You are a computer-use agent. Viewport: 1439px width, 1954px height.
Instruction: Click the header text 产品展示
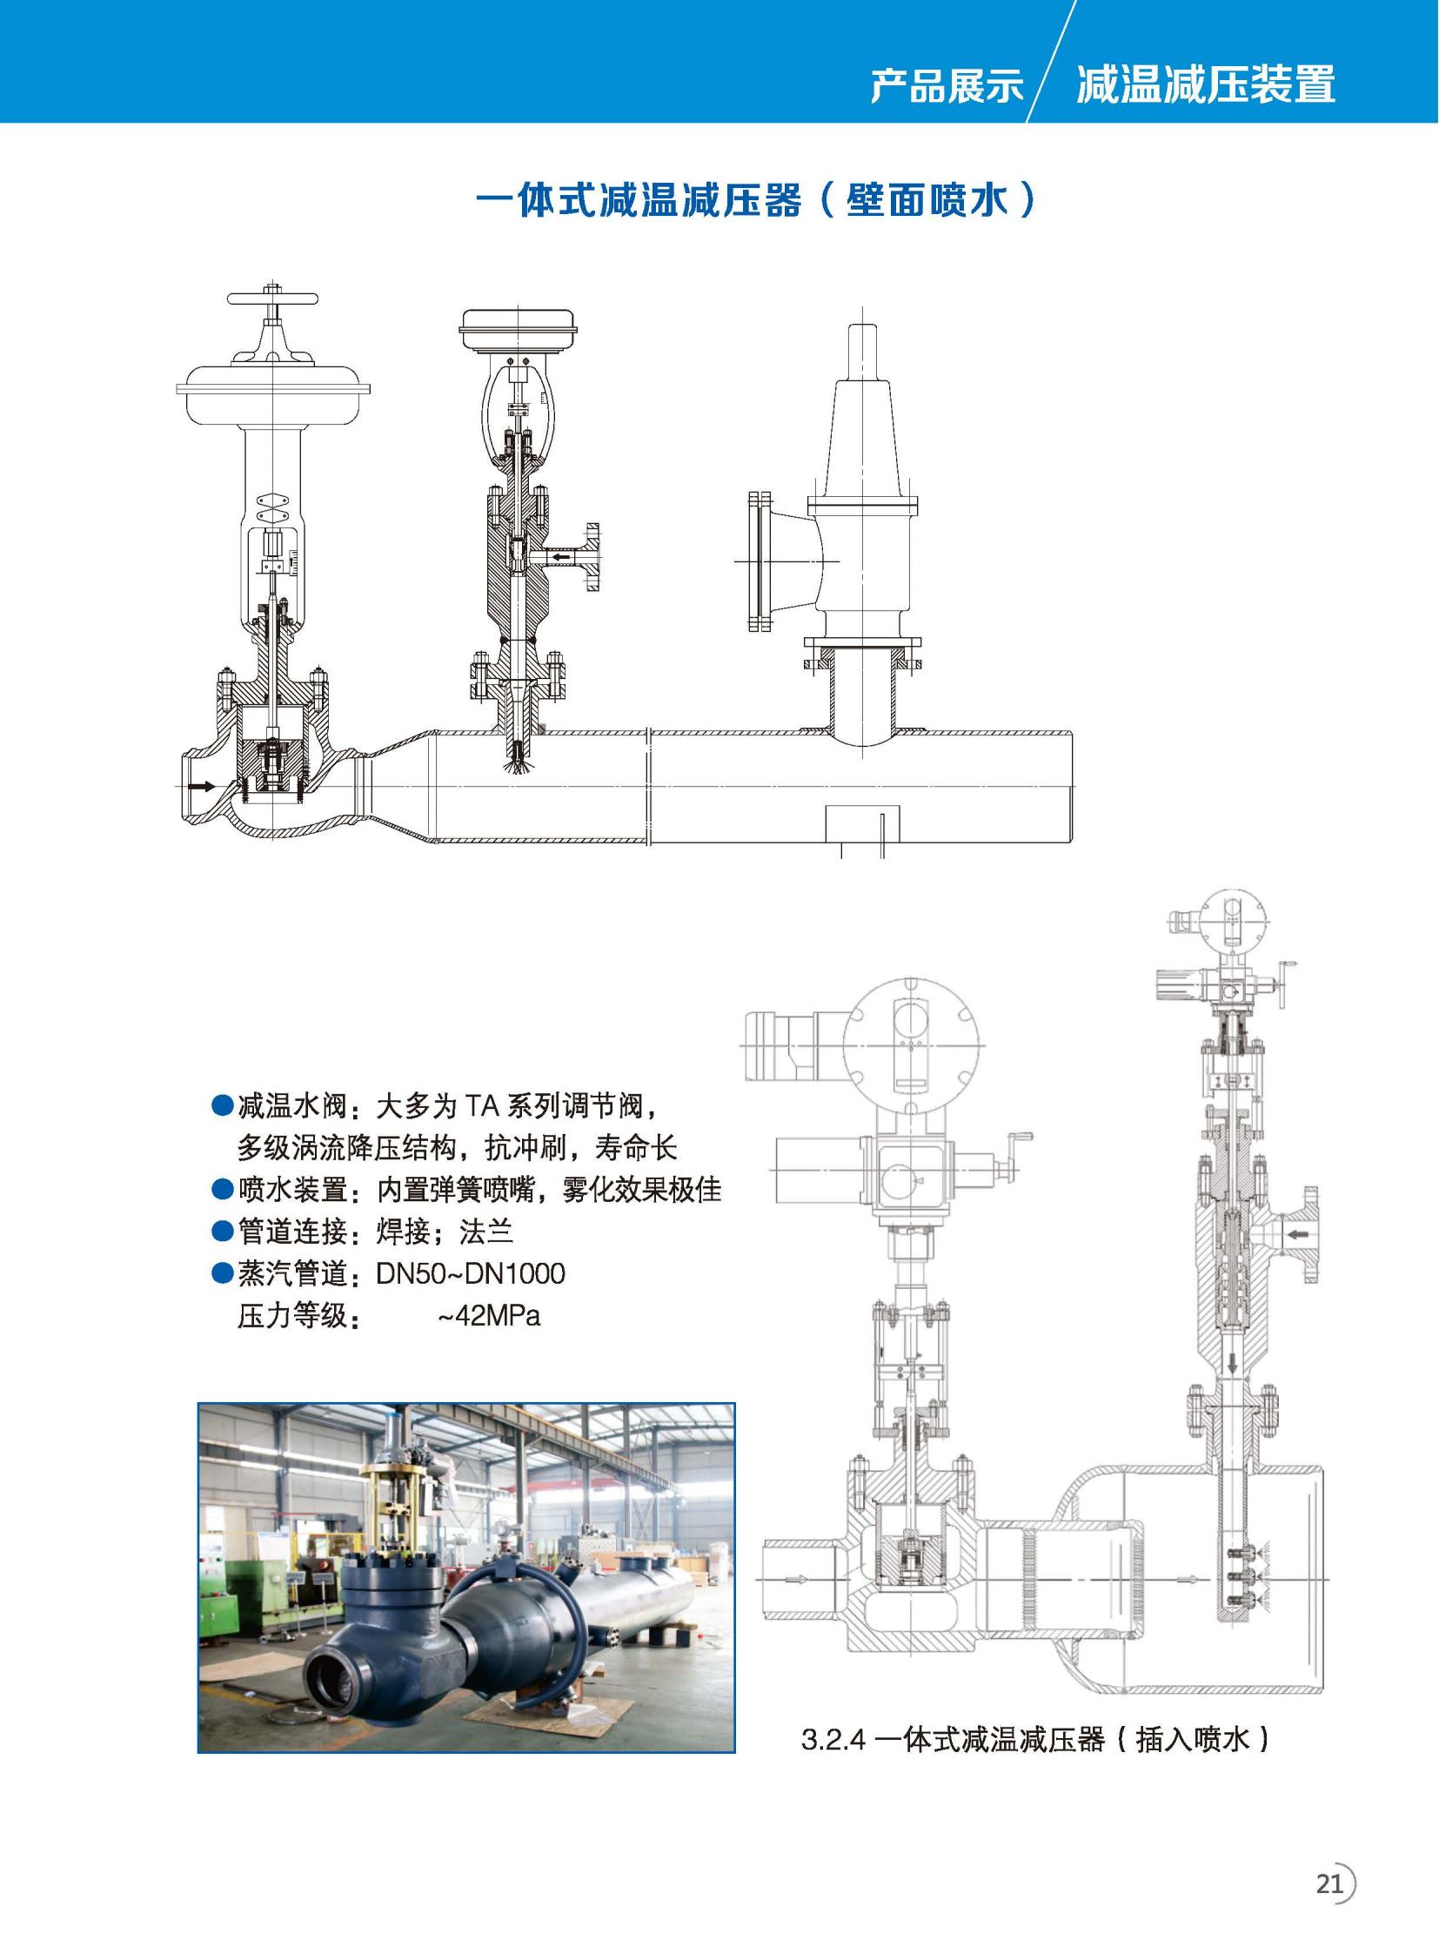point(947,85)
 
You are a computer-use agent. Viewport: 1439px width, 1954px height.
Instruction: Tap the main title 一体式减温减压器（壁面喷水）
point(756,199)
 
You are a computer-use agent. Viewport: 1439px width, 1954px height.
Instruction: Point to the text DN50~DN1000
point(471,1274)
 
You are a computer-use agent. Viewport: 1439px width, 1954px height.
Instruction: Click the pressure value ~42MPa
point(489,1315)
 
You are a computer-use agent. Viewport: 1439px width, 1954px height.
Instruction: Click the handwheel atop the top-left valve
point(272,299)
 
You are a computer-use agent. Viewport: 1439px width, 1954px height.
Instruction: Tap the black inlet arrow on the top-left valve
point(202,786)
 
